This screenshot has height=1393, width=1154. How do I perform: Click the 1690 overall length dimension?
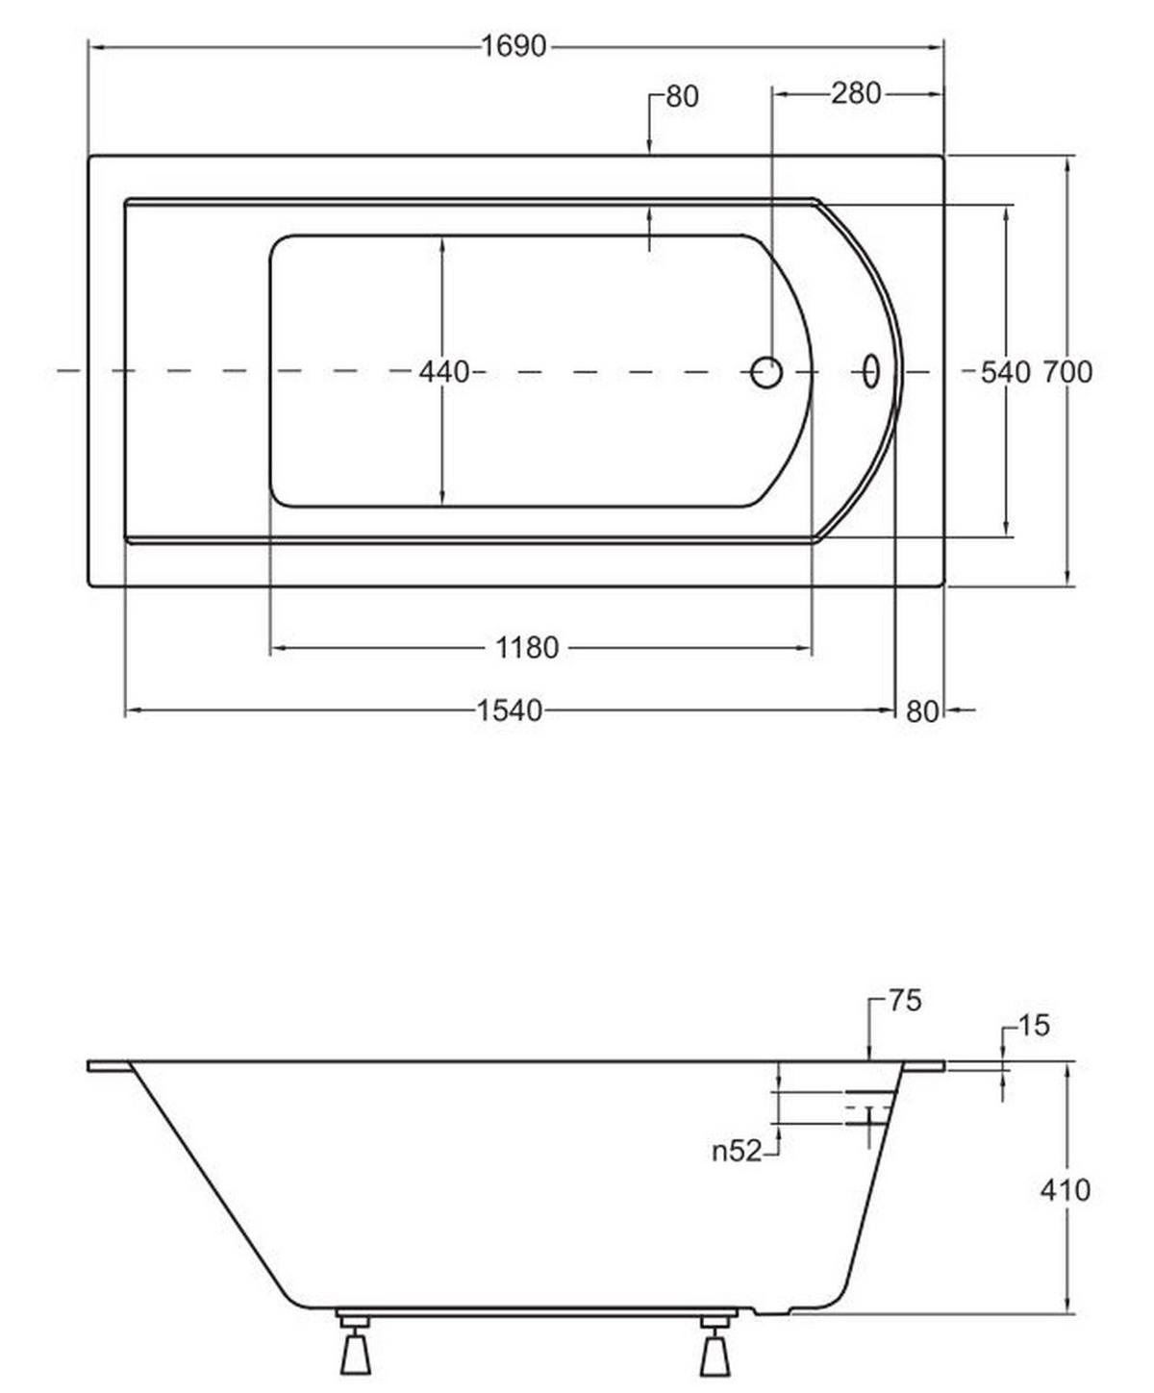pyautogui.click(x=514, y=47)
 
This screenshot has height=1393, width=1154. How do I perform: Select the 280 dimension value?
pyautogui.click(x=856, y=94)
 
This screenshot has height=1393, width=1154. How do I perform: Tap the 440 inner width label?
pyautogui.click(x=444, y=372)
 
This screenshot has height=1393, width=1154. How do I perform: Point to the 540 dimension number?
pyautogui.click(x=1006, y=372)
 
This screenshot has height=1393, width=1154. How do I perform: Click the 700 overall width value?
pyautogui.click(x=1067, y=372)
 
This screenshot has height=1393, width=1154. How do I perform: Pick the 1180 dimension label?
pyautogui.click(x=527, y=648)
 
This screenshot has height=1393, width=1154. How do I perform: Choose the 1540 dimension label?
pyautogui.click(x=510, y=711)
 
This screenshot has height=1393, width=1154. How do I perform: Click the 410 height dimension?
pyautogui.click(x=1066, y=1189)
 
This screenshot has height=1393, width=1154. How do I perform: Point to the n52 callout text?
pyautogui.click(x=737, y=1151)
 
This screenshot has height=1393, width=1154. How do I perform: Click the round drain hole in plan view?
pyautogui.click(x=766, y=372)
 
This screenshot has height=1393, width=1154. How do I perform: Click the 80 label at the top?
pyautogui.click(x=682, y=97)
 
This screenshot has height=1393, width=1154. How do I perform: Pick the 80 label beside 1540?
pyautogui.click(x=922, y=712)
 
